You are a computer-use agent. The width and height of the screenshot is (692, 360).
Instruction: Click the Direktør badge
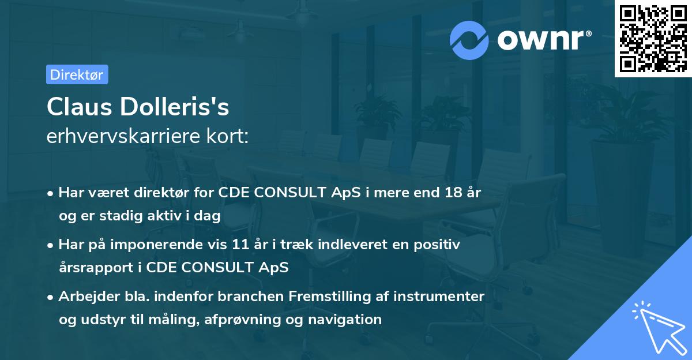coord(77,74)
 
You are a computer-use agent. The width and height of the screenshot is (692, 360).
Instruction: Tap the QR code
coord(653,38)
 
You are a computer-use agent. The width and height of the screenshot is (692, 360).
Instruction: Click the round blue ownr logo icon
coord(469,40)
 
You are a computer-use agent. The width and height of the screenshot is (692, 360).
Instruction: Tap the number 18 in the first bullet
coord(453,193)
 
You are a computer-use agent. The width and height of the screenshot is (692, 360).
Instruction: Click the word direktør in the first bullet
coord(164,193)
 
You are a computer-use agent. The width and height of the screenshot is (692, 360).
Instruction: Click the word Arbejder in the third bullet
coord(84,297)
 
